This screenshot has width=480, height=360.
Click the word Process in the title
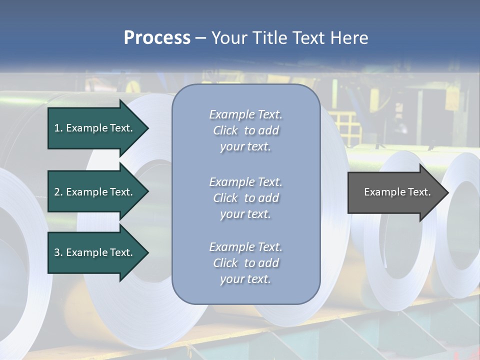pos(157,38)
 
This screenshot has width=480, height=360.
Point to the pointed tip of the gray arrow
pos(447,192)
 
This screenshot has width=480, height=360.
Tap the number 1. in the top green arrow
pos(58,128)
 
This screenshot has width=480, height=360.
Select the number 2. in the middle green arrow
pos(58,192)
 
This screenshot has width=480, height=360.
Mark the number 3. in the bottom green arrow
pos(58,252)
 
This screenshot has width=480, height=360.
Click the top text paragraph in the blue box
pos(245,130)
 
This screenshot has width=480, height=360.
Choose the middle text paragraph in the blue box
pos(245,198)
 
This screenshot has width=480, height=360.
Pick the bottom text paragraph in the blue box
pos(245,263)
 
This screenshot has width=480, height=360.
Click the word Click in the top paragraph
pos(225,130)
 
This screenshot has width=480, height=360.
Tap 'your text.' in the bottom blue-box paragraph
pos(245,279)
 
